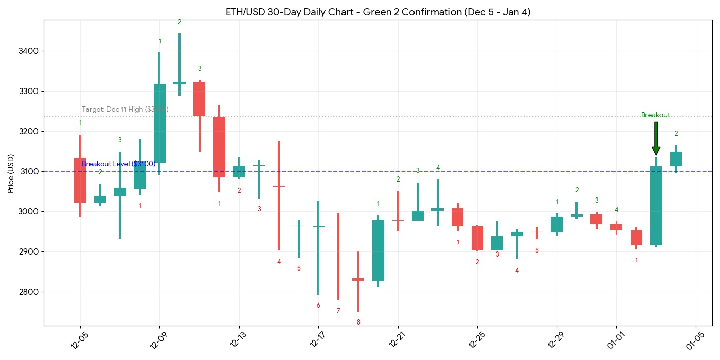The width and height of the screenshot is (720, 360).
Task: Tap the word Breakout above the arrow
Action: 656,115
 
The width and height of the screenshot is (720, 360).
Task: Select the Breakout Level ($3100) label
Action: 118,164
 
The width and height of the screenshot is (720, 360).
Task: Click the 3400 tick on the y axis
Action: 31,51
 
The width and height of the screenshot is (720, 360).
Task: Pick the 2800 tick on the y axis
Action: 31,292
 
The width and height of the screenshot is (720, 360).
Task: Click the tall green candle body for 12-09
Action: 160,123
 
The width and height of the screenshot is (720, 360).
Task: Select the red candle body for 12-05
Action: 80,180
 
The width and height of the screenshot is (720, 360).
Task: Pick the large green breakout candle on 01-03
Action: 656,206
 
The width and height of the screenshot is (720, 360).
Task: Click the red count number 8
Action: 358,322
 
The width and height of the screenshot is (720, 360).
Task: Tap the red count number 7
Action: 338,311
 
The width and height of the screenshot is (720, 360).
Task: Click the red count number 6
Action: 318,305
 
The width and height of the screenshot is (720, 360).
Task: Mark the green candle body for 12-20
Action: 378,250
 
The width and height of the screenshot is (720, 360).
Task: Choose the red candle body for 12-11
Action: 200,99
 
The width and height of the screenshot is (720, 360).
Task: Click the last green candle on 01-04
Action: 676,159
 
